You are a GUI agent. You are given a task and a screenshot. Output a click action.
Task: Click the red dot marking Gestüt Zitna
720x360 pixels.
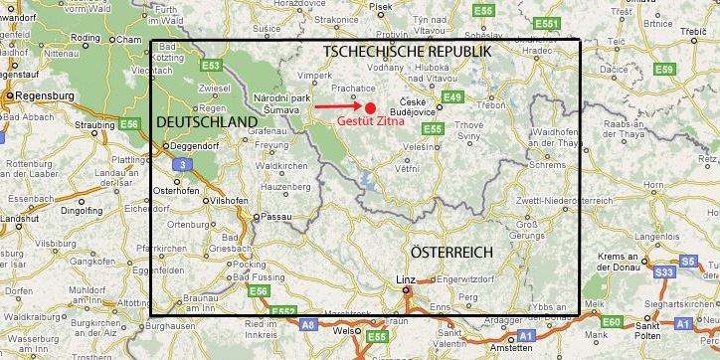[x=370, y=107]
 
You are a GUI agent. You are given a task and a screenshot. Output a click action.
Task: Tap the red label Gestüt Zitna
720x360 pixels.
[x=370, y=121]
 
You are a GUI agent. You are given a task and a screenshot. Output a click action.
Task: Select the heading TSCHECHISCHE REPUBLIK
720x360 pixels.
[x=407, y=51]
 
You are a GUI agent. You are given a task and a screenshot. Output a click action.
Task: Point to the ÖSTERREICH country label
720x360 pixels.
[x=451, y=253]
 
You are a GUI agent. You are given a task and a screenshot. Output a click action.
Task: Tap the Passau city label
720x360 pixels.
[x=272, y=216]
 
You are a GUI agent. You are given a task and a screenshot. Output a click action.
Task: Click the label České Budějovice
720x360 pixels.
[x=414, y=108]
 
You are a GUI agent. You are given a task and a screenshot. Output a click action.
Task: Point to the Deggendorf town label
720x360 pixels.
[x=195, y=146]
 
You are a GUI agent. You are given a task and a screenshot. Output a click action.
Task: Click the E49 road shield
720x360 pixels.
[x=452, y=96]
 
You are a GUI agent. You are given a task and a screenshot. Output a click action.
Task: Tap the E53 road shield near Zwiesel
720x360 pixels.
[x=210, y=66]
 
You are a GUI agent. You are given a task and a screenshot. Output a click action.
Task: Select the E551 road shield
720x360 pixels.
[x=546, y=23]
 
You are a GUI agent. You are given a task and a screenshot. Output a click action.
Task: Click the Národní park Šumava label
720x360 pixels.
[x=283, y=103]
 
